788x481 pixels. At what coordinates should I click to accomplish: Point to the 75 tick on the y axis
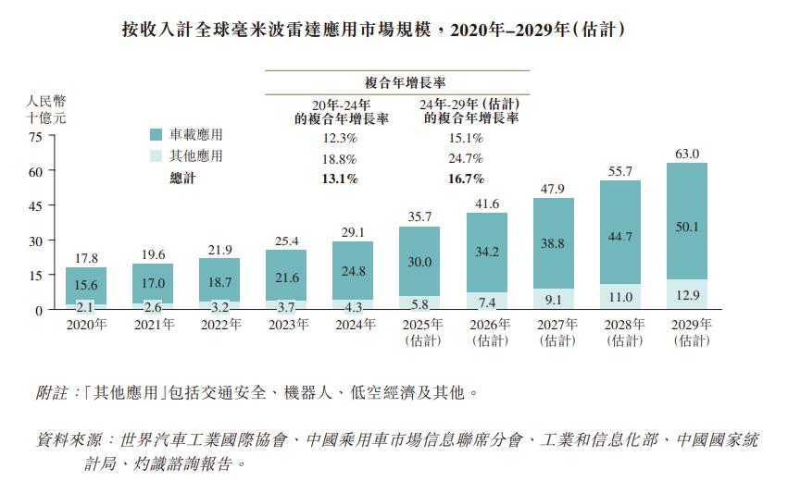(35, 137)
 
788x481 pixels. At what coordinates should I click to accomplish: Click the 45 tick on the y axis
(35, 206)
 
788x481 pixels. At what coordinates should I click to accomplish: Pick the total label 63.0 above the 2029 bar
(687, 154)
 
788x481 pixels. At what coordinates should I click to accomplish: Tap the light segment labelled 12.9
(687, 294)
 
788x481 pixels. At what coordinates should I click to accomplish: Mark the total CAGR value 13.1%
(339, 178)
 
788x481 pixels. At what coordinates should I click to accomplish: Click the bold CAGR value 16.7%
(466, 178)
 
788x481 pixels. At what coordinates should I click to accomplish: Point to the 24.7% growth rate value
(466, 158)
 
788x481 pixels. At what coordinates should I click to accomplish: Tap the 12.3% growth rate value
(339, 139)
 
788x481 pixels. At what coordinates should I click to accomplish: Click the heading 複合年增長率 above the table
(399, 81)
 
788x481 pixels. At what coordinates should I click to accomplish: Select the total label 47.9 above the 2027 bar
(554, 189)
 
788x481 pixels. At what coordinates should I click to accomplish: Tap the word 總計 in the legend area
(183, 178)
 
